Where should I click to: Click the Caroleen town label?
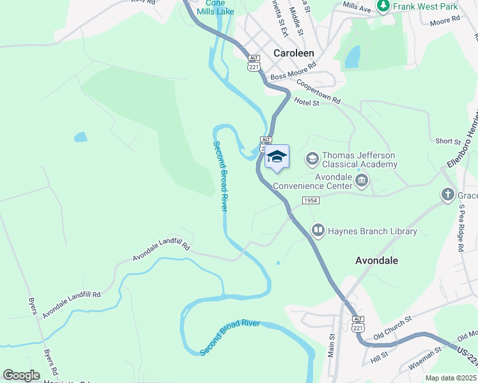point(293,54)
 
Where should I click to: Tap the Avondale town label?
point(376,260)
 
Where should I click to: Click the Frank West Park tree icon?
point(384,6)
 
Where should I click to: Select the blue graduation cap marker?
point(277,156)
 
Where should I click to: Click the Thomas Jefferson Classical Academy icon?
point(312,157)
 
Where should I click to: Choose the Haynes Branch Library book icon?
point(318,229)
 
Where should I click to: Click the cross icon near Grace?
point(448,193)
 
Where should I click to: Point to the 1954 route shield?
point(311,200)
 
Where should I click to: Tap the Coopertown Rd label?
point(318,93)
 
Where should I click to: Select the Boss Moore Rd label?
point(293,70)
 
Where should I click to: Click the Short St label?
point(447,141)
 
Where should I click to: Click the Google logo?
point(21,375)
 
